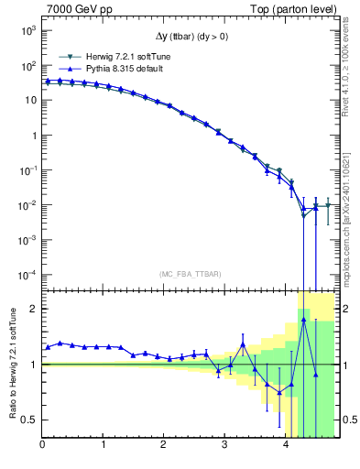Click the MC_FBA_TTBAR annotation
(189, 274)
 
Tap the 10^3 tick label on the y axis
(28, 30)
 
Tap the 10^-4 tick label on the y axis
(27, 275)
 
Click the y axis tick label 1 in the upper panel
(33, 136)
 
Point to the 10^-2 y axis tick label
(27, 205)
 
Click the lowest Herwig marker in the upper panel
(303, 215)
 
